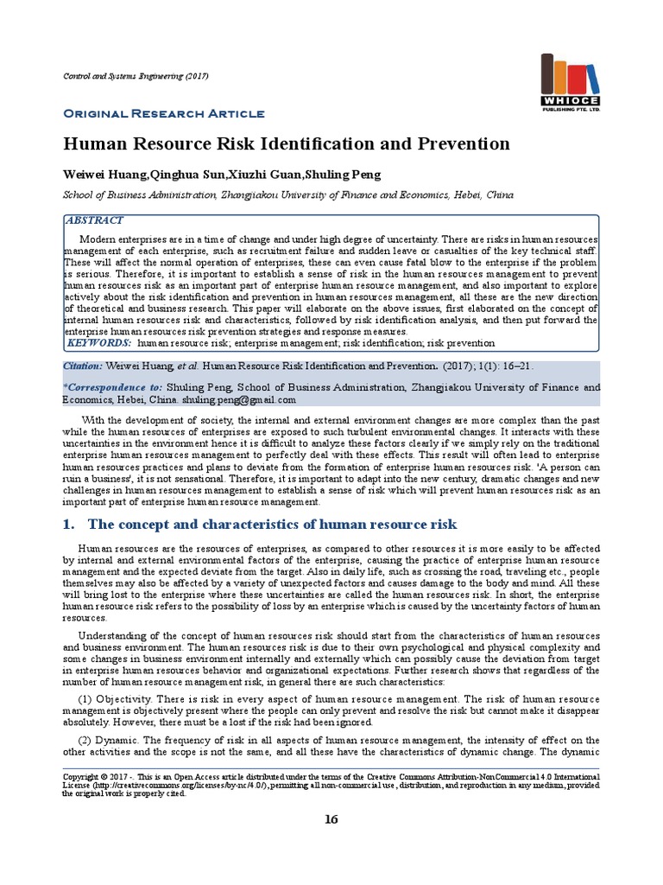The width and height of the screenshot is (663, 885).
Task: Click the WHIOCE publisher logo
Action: (570, 82)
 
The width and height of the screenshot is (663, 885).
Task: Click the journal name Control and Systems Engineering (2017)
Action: (136, 77)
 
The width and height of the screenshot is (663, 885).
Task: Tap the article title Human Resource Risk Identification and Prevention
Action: (287, 143)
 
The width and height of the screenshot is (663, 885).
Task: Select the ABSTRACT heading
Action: (95, 221)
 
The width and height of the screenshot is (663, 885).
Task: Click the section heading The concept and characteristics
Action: (272, 525)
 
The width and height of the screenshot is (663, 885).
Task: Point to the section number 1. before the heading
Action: (71, 525)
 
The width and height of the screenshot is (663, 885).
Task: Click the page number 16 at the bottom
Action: (331, 820)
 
